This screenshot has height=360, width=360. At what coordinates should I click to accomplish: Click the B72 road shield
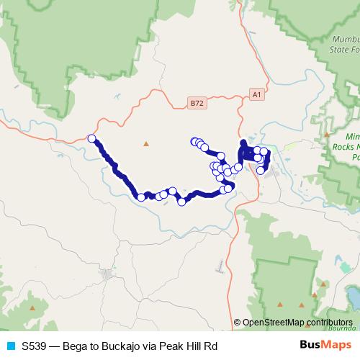[197, 103]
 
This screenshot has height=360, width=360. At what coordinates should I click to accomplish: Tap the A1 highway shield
[257, 94]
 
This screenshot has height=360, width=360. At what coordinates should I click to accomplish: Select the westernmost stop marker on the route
[91, 138]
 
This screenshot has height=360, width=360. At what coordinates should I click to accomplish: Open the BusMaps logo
[324, 346]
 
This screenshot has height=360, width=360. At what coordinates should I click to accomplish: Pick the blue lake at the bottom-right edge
[354, 296]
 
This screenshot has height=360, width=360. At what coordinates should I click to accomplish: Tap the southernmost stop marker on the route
[182, 202]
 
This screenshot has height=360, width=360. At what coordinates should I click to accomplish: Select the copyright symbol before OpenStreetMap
[238, 323]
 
